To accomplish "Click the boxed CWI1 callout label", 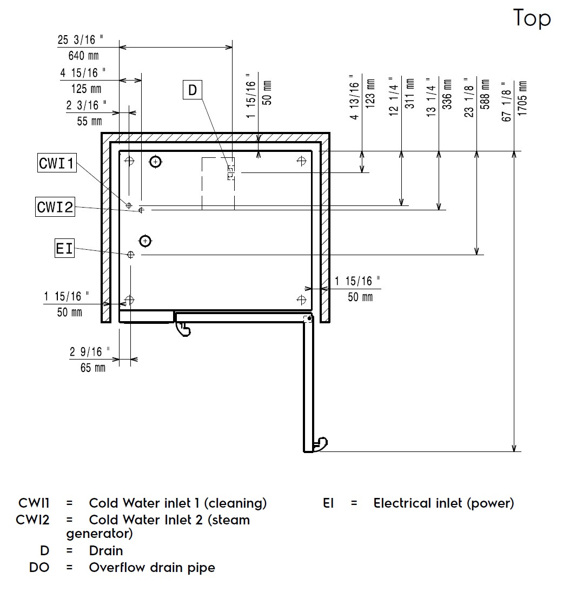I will tap(57, 163).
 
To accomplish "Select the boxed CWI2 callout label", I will tap(55, 207).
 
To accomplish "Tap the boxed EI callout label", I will tap(64, 249).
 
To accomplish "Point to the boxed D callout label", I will tap(193, 90).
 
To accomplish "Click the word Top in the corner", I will tap(532, 18).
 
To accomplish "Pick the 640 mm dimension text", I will tap(83, 55).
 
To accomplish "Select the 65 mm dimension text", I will tap(92, 368).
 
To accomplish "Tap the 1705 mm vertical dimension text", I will tap(522, 101).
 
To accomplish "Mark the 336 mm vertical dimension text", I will tap(447, 95).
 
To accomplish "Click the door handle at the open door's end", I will tap(321, 443).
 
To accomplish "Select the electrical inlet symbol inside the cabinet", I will tap(130, 255).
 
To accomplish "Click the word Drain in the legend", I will tap(106, 551).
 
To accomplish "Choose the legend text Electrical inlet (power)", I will tap(443, 503).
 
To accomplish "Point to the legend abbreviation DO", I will tap(39, 568).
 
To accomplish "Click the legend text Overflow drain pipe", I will tap(152, 568).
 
